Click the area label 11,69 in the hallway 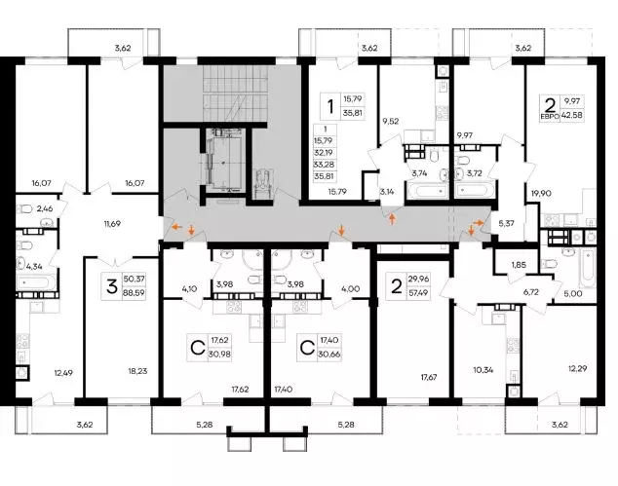point(112,224)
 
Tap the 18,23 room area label point(137,371)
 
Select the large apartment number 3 point(112,286)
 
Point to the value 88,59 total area point(135,293)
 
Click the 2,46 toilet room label point(45,208)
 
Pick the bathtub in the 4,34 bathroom point(35,282)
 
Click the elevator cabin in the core point(223,162)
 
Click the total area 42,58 point(573,116)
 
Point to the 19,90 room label point(541,194)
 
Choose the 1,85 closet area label point(519,265)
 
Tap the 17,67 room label point(429,377)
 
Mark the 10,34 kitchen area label point(483,369)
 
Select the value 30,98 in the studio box point(220,355)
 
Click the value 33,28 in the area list point(324,165)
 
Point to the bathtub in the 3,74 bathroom point(428,191)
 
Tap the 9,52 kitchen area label point(390,122)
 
